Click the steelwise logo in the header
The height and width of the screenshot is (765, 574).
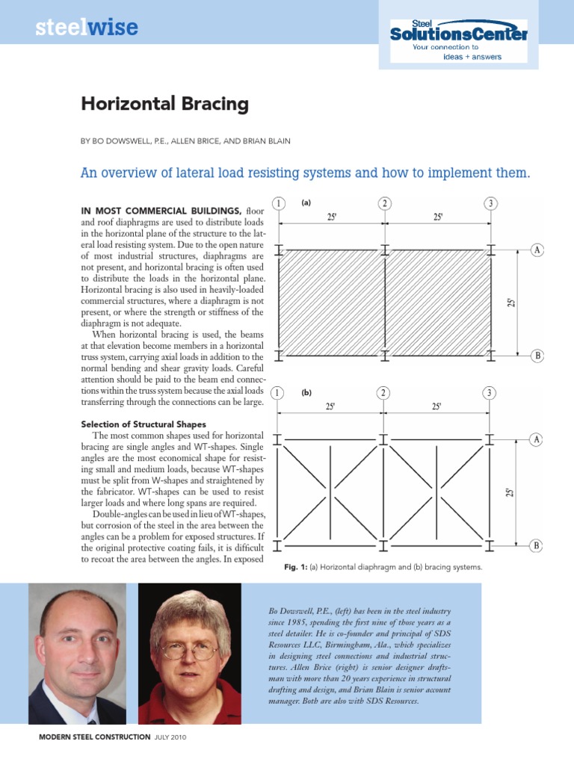click(87, 28)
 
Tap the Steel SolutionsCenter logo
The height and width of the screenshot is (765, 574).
click(457, 33)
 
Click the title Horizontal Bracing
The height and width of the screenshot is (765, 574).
click(164, 104)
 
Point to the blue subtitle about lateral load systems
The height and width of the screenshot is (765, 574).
click(305, 173)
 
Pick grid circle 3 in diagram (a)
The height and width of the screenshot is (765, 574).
click(490, 204)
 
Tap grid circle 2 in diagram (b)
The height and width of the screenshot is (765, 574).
click(384, 393)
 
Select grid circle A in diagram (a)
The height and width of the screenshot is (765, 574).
click(537, 250)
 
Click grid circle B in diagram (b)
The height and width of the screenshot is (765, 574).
click(537, 546)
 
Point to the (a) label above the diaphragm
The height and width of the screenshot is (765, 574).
click(306, 202)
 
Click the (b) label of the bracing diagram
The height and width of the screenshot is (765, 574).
click(306, 392)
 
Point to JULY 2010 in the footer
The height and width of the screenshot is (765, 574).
click(170, 737)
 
